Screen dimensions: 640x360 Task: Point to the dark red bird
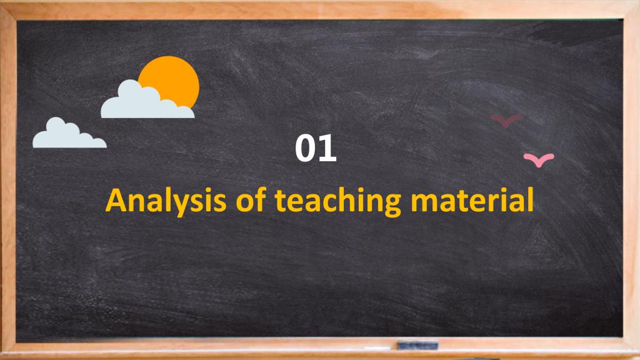tap(506, 121)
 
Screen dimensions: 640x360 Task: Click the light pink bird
tap(539, 160)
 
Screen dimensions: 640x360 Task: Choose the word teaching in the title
tap(338, 201)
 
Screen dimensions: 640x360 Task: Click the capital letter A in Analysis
tap(117, 200)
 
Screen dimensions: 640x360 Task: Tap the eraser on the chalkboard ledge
tap(417, 346)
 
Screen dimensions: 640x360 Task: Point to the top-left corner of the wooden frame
tap(1, 1)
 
